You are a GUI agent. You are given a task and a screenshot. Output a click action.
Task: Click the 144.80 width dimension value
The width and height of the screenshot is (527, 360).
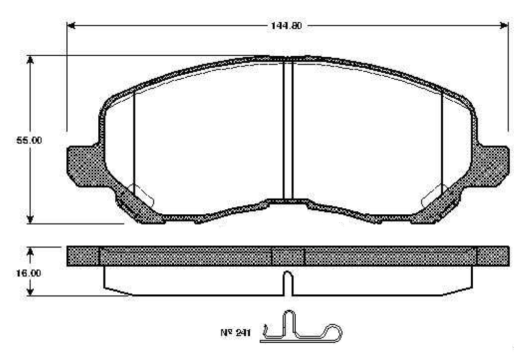click(286, 25)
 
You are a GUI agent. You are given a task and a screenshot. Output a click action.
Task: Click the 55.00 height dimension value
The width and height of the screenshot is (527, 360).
click(29, 140)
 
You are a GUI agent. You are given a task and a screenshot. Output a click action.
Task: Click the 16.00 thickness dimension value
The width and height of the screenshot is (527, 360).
click(28, 273)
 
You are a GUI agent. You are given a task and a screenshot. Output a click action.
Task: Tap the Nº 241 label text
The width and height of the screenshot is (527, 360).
click(236, 333)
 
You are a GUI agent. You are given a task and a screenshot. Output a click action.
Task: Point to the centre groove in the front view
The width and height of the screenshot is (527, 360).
click(288, 130)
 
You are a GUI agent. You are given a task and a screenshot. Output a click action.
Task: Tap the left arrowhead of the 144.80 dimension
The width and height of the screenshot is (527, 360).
click(71, 25)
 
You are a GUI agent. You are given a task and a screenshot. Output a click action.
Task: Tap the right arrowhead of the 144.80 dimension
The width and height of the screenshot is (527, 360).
click(504, 25)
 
